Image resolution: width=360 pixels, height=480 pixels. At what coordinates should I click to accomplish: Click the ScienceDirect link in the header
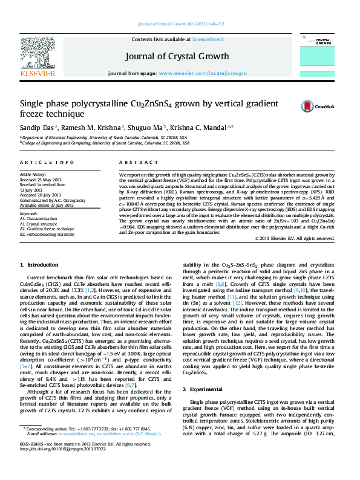pyautogui.click(x=208, y=40)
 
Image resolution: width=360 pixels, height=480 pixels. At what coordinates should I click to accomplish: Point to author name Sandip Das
pyautogui.click(x=37, y=128)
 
